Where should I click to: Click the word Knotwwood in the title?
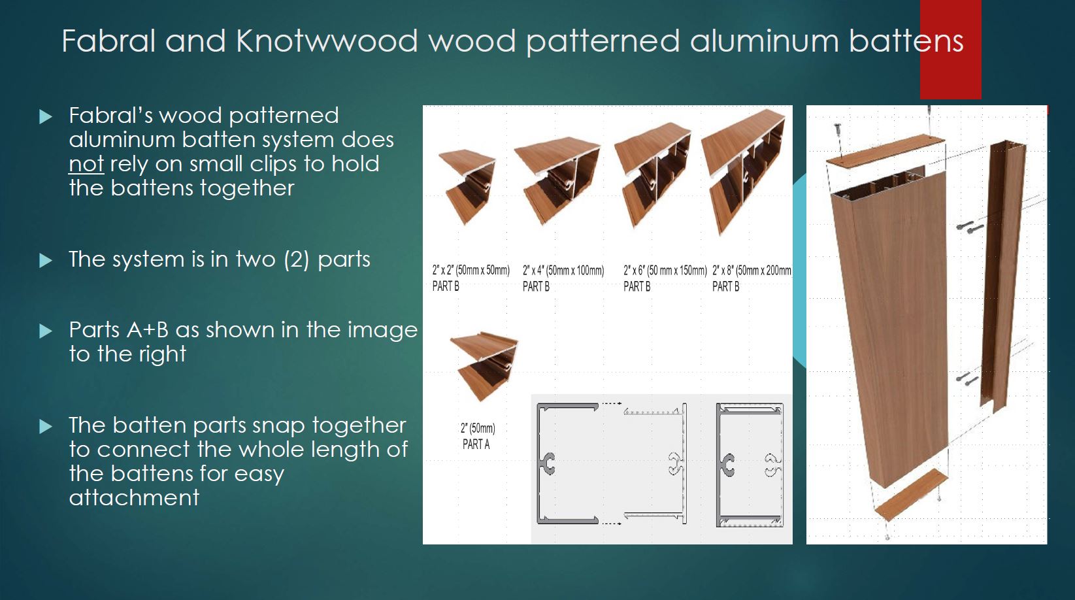tap(327, 41)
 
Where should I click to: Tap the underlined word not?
tap(86, 163)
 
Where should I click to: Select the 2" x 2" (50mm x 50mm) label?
tap(471, 270)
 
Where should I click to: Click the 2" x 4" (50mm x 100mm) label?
tap(563, 271)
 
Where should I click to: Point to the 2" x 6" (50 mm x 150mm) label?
tap(665, 271)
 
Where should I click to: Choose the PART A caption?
tap(476, 444)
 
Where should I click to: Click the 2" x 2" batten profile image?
tap(467, 186)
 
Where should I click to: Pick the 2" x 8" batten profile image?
tap(744, 172)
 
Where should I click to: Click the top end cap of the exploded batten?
tap(885, 151)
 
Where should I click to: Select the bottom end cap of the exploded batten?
tap(911, 495)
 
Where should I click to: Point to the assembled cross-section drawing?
tap(750, 465)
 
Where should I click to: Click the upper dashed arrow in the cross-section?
tap(612, 404)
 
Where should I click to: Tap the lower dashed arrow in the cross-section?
tap(612, 523)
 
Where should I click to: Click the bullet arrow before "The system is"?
tap(46, 260)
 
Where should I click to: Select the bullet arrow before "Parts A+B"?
tap(46, 331)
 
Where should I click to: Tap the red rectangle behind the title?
tap(950, 50)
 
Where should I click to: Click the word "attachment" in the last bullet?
tap(134, 497)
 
